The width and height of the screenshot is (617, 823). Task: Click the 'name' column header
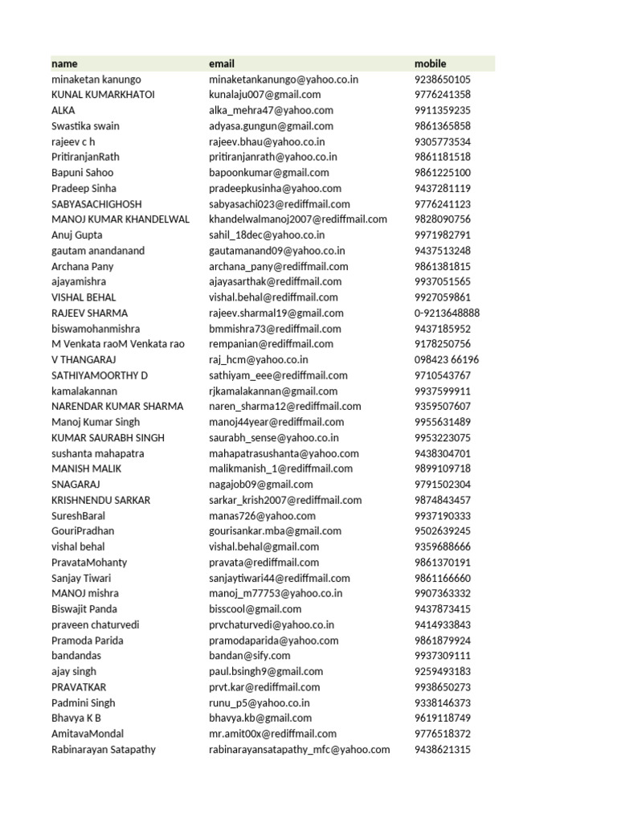(x=64, y=63)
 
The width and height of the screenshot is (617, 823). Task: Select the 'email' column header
(x=222, y=63)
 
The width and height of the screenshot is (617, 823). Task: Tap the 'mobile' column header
(x=430, y=63)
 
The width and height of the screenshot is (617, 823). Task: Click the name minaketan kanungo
(x=96, y=80)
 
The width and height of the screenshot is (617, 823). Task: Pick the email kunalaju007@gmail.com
(x=264, y=95)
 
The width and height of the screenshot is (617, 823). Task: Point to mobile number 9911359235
(x=442, y=110)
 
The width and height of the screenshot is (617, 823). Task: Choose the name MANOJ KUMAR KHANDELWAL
(x=121, y=219)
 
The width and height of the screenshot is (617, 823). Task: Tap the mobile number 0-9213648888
(x=447, y=313)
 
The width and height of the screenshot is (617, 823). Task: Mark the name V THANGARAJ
(x=84, y=359)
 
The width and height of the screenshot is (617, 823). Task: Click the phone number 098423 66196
(x=446, y=359)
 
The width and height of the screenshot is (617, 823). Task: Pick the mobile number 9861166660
(x=442, y=578)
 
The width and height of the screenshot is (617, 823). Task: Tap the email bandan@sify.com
(x=249, y=656)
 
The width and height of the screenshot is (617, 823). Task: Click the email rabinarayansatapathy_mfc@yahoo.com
(x=299, y=749)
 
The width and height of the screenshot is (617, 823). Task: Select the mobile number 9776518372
(x=442, y=734)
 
